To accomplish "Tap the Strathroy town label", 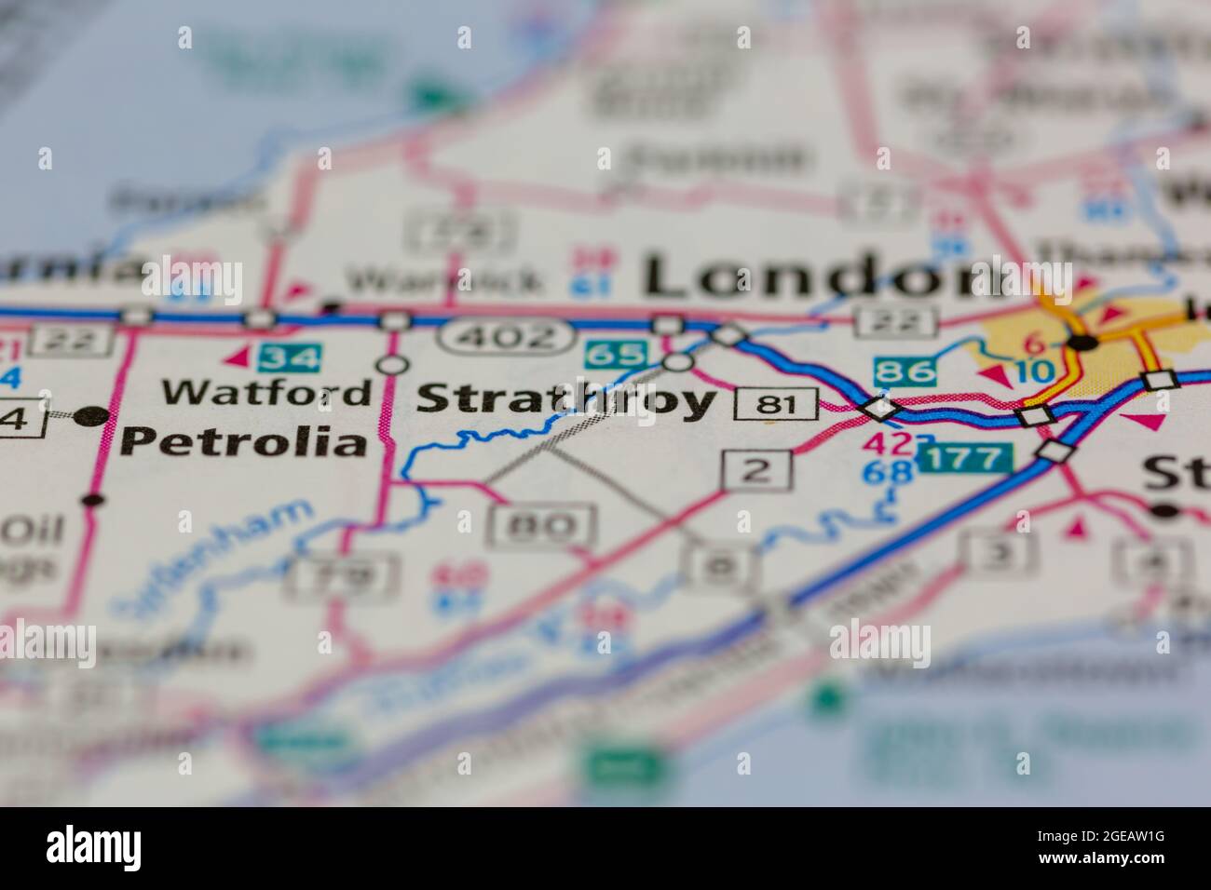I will tap(567, 400).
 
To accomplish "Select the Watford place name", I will tap(265, 392).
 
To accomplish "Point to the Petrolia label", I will tap(244, 441).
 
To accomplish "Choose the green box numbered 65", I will tap(616, 355).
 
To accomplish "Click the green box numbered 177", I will tap(964, 457).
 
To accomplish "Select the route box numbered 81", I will tap(775, 404).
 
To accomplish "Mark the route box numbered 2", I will tap(758, 470).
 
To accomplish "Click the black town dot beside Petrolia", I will tap(90, 415).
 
